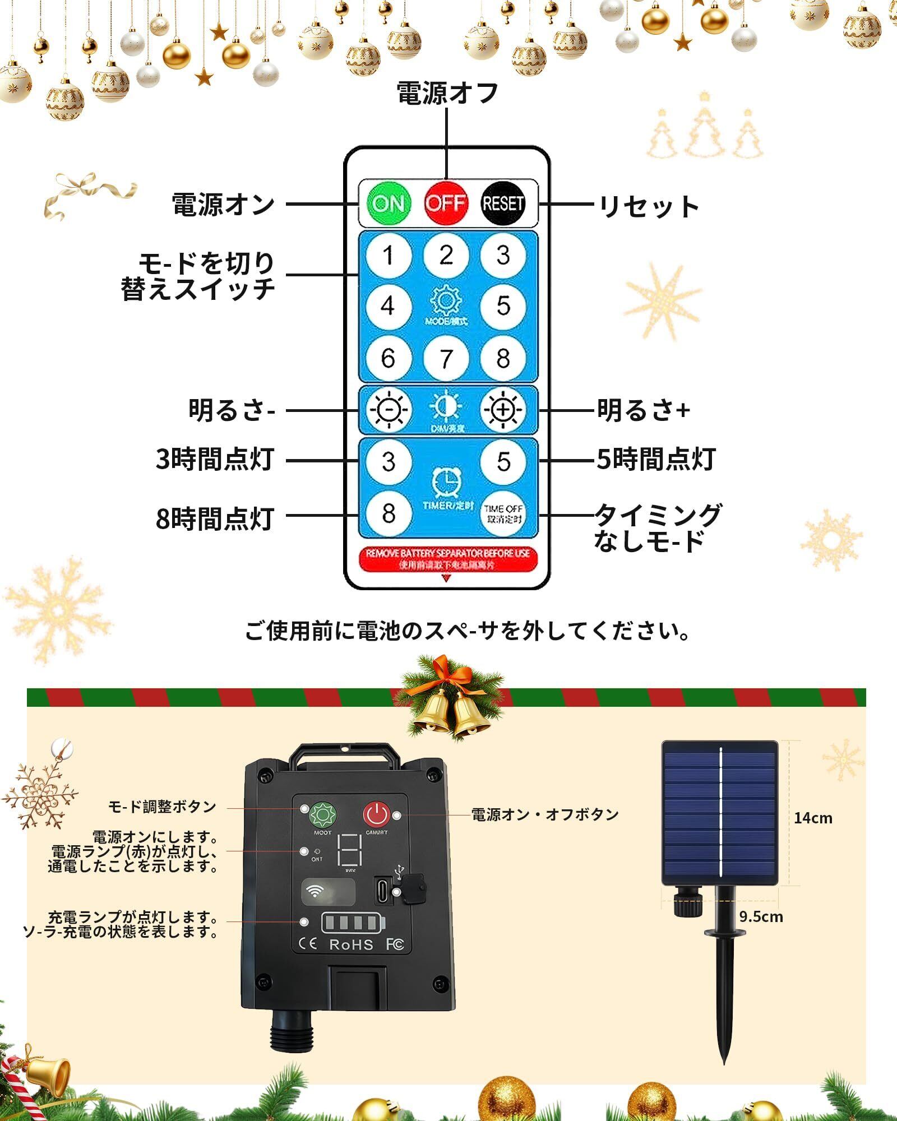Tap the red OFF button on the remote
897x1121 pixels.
[446, 202]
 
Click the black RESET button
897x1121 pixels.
[503, 202]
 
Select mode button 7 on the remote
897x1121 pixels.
[446, 358]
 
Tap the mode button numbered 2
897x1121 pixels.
[446, 256]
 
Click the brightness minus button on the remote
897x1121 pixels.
[389, 410]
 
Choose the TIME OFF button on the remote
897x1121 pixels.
[503, 513]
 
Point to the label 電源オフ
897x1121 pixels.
[447, 93]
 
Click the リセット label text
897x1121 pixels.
[649, 206]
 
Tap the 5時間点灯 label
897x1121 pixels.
[655, 460]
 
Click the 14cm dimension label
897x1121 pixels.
[813, 818]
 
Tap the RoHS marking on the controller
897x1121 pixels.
[351, 945]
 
